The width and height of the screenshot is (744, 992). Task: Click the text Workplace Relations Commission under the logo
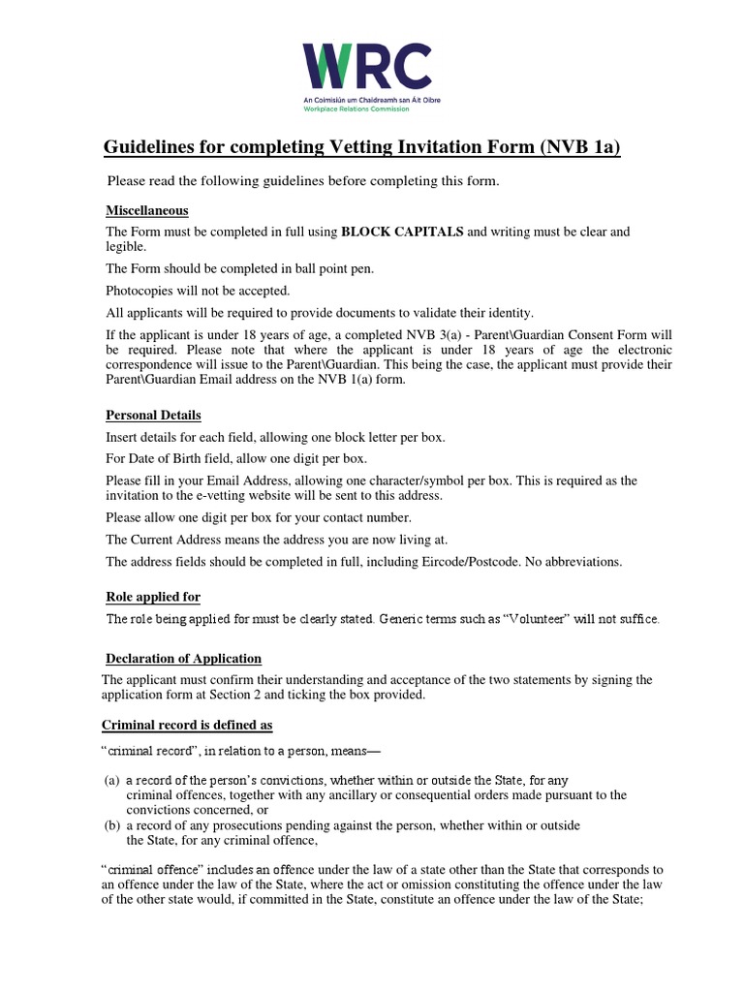(x=356, y=108)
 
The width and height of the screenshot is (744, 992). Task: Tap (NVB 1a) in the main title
(x=572, y=147)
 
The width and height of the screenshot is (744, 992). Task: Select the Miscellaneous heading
(x=146, y=210)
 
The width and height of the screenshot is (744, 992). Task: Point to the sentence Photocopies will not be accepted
(x=198, y=290)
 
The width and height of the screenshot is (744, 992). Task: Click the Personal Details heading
(x=153, y=416)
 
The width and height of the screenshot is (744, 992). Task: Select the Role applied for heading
(x=153, y=597)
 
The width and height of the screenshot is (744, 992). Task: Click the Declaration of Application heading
(x=183, y=659)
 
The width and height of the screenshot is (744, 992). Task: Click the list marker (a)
(x=112, y=781)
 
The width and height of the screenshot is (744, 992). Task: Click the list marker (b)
(x=112, y=825)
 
